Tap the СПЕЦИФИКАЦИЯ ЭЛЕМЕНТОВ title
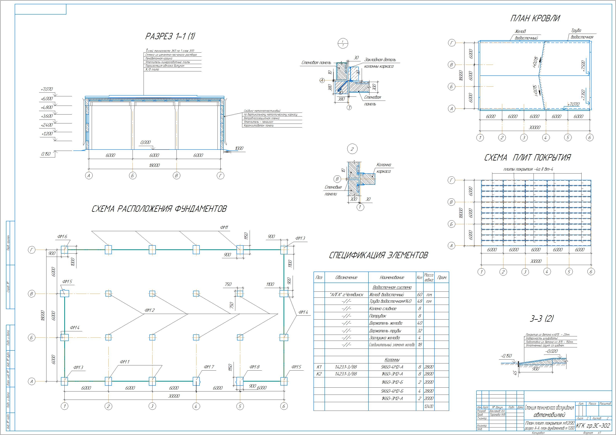tap(378, 255)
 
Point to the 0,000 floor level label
tap(145, 142)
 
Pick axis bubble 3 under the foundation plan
tap(152, 406)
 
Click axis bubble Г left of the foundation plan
tap(32, 250)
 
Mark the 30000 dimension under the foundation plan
tap(174, 396)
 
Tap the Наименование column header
tap(392, 278)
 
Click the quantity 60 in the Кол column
tap(420, 294)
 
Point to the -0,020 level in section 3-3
tap(551, 351)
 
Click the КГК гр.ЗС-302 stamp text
tap(593, 426)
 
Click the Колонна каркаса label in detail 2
tap(383, 168)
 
